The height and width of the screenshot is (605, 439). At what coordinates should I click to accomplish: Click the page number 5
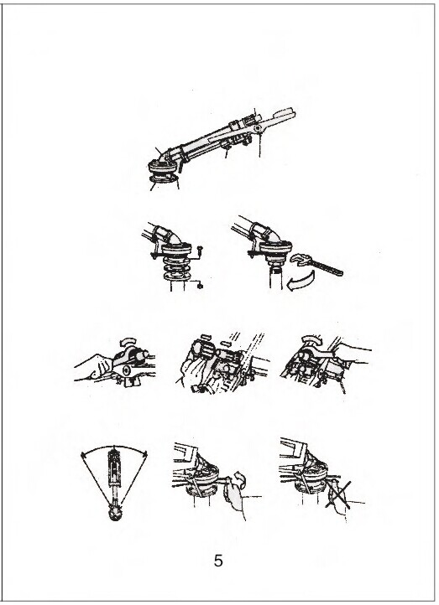(218, 561)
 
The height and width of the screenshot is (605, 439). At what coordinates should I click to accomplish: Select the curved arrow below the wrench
(300, 280)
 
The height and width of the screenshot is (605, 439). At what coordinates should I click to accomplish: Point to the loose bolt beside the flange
(200, 251)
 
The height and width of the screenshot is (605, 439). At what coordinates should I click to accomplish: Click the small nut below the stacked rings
(200, 286)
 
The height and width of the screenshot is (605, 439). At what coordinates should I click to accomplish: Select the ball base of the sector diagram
(115, 514)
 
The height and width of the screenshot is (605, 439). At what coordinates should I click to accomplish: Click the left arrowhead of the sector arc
(83, 455)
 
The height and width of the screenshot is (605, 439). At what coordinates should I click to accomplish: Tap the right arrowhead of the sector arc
(145, 454)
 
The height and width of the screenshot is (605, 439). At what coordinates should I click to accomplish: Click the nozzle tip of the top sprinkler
(285, 114)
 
